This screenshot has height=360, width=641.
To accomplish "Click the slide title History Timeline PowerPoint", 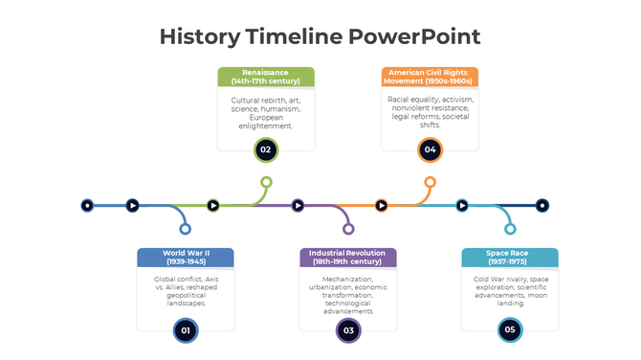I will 320,37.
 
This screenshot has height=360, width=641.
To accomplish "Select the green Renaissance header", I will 266,77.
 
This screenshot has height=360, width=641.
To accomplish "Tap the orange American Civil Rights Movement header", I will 430,77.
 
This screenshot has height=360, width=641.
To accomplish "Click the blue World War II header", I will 186,258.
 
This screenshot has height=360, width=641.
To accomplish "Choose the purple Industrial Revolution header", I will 348,258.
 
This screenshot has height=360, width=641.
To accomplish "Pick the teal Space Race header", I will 510,258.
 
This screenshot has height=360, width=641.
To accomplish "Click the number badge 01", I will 186,330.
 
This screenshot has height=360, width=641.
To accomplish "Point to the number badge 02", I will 266,149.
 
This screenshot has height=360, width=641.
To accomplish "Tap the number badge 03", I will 348,330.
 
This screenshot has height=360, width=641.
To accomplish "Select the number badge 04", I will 430,149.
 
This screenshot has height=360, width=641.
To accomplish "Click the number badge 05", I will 510,330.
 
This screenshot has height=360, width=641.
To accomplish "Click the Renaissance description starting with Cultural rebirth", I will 266,112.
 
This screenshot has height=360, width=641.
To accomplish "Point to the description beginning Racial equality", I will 430,112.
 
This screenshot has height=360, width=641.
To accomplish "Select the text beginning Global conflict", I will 186,290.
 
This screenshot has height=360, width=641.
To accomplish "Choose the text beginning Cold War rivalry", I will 510,290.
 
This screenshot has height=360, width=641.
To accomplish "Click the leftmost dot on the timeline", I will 87,205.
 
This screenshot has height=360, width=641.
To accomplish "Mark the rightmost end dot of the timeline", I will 542,205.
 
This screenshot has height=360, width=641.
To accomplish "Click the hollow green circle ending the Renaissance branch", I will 266,182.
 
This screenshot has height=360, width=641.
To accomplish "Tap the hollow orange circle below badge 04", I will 430,182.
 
